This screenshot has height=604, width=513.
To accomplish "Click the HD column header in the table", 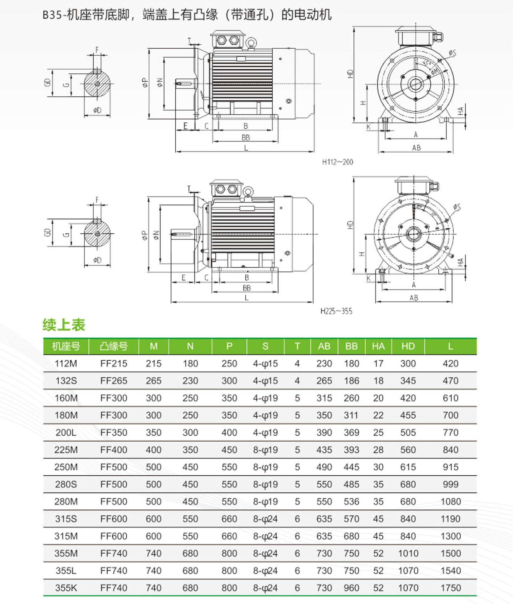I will point(408,346).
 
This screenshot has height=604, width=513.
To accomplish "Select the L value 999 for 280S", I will point(451,484).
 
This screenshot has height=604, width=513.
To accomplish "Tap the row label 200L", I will point(66,432).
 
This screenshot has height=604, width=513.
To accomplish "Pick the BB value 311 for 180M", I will point(351,415).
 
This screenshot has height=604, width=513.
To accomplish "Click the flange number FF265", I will point(114,381).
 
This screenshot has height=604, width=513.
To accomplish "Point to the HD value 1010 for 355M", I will point(408,553).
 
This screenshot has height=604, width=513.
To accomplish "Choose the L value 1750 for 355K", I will point(451,588).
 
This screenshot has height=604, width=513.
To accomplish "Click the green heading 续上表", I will point(64,325).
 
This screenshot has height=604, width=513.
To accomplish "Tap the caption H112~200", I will point(337,162).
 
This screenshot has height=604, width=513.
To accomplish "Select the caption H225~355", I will point(336,311).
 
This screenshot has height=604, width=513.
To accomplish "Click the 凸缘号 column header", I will point(114,346).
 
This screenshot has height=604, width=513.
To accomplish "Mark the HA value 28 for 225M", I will point(378,450).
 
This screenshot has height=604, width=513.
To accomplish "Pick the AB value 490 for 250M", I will point(324,467).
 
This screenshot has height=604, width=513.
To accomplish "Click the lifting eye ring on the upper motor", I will point(251,43).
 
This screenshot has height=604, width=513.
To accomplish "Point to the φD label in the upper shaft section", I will point(97,110).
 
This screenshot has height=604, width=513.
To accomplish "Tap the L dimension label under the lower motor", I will point(247,298).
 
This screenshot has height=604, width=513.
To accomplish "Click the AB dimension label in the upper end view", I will point(416,148).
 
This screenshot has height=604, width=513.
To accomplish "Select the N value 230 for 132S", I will point(190,381).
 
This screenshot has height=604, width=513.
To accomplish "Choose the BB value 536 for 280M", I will point(351,501).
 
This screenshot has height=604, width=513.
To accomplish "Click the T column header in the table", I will point(297,346).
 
